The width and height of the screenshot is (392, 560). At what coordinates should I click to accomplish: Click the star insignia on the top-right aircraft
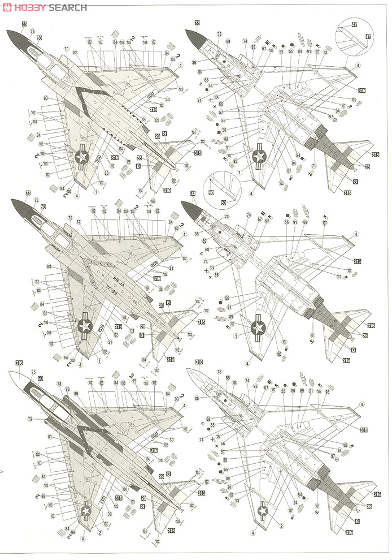coord(260,153)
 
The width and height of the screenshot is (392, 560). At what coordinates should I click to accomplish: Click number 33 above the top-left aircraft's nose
coord(24,24)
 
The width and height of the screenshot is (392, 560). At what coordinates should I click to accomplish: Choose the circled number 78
coord(60,384)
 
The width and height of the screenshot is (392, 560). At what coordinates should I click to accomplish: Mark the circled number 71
coord(314,165)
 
